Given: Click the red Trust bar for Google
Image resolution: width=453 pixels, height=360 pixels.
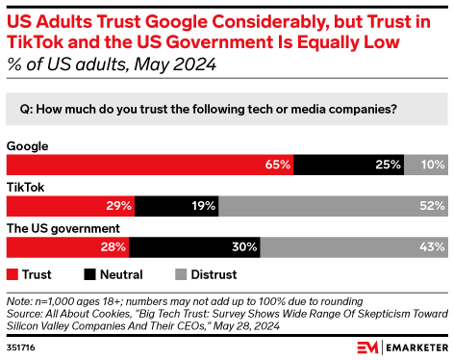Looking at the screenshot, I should point(149,165).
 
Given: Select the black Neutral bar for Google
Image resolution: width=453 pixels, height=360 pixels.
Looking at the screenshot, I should point(349,165).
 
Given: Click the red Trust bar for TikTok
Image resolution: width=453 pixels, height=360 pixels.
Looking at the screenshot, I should point(70,206).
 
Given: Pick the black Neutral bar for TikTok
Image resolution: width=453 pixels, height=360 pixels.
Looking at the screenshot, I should point(177,206).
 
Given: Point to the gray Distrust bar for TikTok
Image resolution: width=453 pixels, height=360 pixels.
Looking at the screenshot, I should point(333,206).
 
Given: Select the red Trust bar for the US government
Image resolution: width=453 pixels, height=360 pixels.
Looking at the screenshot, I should point(67,247).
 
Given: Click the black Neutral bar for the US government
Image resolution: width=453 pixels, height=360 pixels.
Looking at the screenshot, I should point(194,247).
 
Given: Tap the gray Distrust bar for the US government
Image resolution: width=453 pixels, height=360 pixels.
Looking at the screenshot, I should point(353,247).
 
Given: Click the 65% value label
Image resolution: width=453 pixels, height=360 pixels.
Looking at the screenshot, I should point(278,165).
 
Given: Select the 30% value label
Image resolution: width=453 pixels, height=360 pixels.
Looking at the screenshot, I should point(244,247).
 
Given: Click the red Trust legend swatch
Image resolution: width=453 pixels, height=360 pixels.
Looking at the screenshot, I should point(13,273).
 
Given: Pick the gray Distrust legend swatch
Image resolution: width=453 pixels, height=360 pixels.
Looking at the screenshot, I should point(182,273).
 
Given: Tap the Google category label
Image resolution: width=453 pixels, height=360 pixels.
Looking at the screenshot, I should point(28,145).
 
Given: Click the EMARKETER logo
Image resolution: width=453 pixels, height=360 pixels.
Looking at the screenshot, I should point(399,346).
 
